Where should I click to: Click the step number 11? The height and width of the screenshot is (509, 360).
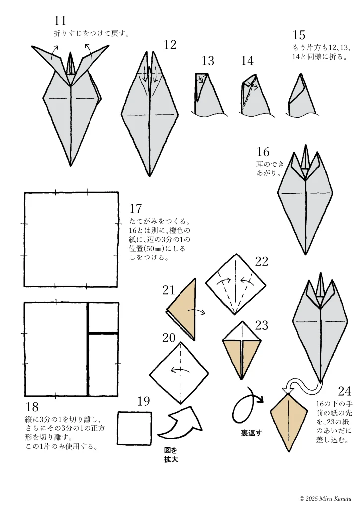click(60, 21)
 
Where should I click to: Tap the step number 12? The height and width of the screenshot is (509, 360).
click(170, 45)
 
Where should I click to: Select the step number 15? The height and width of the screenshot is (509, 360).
click(299, 35)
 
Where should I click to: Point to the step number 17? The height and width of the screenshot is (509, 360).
click(135, 208)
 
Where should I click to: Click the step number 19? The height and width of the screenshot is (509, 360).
click(143, 401)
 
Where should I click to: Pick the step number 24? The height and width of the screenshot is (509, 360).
click(344, 391)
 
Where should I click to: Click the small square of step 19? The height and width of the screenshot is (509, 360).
click(134, 428)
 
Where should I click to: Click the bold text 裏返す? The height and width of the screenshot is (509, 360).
click(251, 433)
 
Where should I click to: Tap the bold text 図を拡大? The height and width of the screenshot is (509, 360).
click(171, 455)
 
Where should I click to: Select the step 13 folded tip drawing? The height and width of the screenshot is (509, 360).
click(209, 94)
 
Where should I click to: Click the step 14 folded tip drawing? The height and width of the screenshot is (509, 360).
click(256, 95)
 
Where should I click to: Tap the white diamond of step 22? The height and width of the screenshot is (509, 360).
click(236, 284)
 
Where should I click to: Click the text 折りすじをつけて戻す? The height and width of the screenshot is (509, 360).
click(91, 33)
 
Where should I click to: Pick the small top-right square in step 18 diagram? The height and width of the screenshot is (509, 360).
click(103, 318)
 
